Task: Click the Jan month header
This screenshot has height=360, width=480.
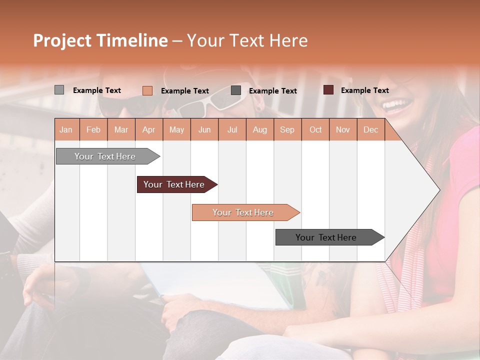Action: click(x=66, y=130)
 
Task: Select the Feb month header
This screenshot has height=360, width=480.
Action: click(x=93, y=130)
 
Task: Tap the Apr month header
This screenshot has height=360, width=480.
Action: click(x=148, y=130)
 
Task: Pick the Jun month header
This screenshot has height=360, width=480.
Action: click(x=204, y=130)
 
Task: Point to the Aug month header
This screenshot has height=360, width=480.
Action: click(x=259, y=130)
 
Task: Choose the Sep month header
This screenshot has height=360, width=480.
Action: click(x=287, y=130)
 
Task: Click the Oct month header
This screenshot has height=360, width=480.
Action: click(x=315, y=130)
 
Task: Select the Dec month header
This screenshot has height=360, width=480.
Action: click(x=370, y=130)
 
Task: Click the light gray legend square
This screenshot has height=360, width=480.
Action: click(x=59, y=90)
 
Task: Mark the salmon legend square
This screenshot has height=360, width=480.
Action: click(x=147, y=90)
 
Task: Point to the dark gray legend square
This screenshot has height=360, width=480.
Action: click(x=236, y=90)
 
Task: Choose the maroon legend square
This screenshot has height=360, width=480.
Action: click(x=328, y=90)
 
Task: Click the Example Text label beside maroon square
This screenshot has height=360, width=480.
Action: click(x=364, y=90)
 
